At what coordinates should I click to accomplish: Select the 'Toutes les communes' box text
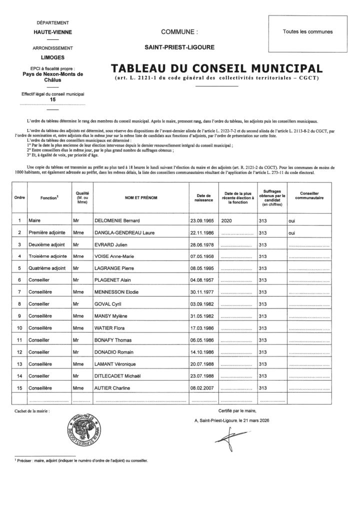click(307, 31)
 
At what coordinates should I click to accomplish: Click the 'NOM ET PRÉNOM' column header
click(141, 197)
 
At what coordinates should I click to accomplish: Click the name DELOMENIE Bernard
click(117, 220)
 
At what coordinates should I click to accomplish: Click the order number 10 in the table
click(19, 328)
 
